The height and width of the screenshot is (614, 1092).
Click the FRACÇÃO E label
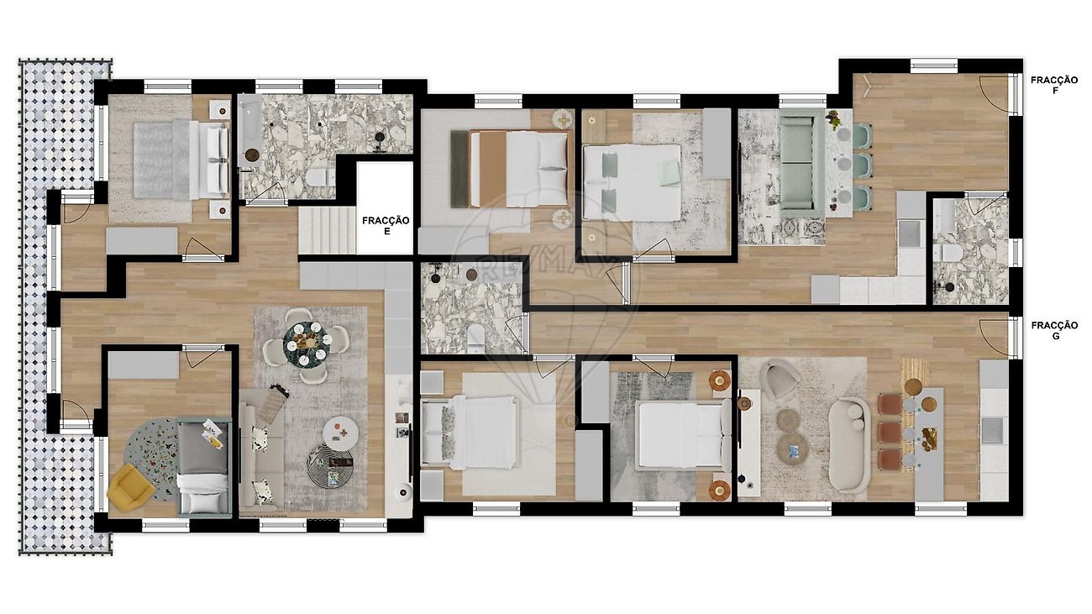click(386, 226)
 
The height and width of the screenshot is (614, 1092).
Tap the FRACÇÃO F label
click(1054, 86)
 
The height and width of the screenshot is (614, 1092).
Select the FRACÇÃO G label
click(1054, 330)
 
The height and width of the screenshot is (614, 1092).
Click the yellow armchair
click(131, 485)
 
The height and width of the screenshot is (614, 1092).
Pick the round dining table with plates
click(308, 344)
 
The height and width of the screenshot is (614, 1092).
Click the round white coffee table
click(341, 433)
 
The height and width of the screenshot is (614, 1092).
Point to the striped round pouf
click(330, 466)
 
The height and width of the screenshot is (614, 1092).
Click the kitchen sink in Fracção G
click(992, 430)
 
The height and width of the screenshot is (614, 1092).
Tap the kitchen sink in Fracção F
click(911, 233)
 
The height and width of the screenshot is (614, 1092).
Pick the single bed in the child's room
click(204, 467)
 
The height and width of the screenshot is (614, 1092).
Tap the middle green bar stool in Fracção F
click(862, 165)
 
